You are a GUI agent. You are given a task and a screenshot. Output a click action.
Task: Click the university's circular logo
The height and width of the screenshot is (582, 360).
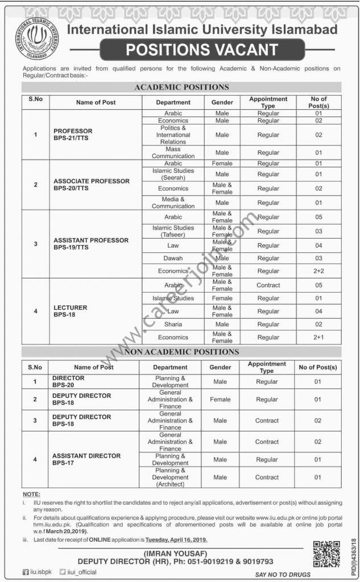pos(37,39)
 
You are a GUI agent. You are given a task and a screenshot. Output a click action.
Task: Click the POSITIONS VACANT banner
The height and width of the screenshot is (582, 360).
pos(201,50)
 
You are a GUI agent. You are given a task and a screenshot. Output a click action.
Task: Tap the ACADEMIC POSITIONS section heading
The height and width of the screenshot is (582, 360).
pos(181,88)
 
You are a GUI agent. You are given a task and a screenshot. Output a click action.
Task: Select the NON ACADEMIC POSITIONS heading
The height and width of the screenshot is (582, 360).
pos(181,352)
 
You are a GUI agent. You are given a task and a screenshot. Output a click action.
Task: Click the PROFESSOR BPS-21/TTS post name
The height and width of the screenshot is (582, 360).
pos(73,135)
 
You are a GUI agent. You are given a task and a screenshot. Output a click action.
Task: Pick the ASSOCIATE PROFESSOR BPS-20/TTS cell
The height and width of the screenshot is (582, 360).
pos(92,185)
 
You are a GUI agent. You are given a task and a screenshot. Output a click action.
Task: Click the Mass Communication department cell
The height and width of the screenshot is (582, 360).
pos(173,152)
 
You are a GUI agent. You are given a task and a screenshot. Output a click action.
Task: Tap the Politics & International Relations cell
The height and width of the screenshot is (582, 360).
pos(173,135)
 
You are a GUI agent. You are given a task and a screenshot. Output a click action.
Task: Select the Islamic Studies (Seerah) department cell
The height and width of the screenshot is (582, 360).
pos(173,174)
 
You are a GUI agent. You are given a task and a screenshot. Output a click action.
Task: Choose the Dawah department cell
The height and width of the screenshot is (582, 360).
pos(173,258)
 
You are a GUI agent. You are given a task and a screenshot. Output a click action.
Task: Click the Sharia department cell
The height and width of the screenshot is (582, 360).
pos(173,324)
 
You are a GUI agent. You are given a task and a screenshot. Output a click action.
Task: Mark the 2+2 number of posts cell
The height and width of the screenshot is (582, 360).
pos(318,271)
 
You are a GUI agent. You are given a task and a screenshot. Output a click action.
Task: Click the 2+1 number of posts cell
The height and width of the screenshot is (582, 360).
pos(318,337)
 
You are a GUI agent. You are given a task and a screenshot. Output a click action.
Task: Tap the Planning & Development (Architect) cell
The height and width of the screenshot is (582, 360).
pos(171,477)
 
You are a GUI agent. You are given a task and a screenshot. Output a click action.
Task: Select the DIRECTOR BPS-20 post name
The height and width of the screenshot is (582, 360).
pos(69,381)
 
